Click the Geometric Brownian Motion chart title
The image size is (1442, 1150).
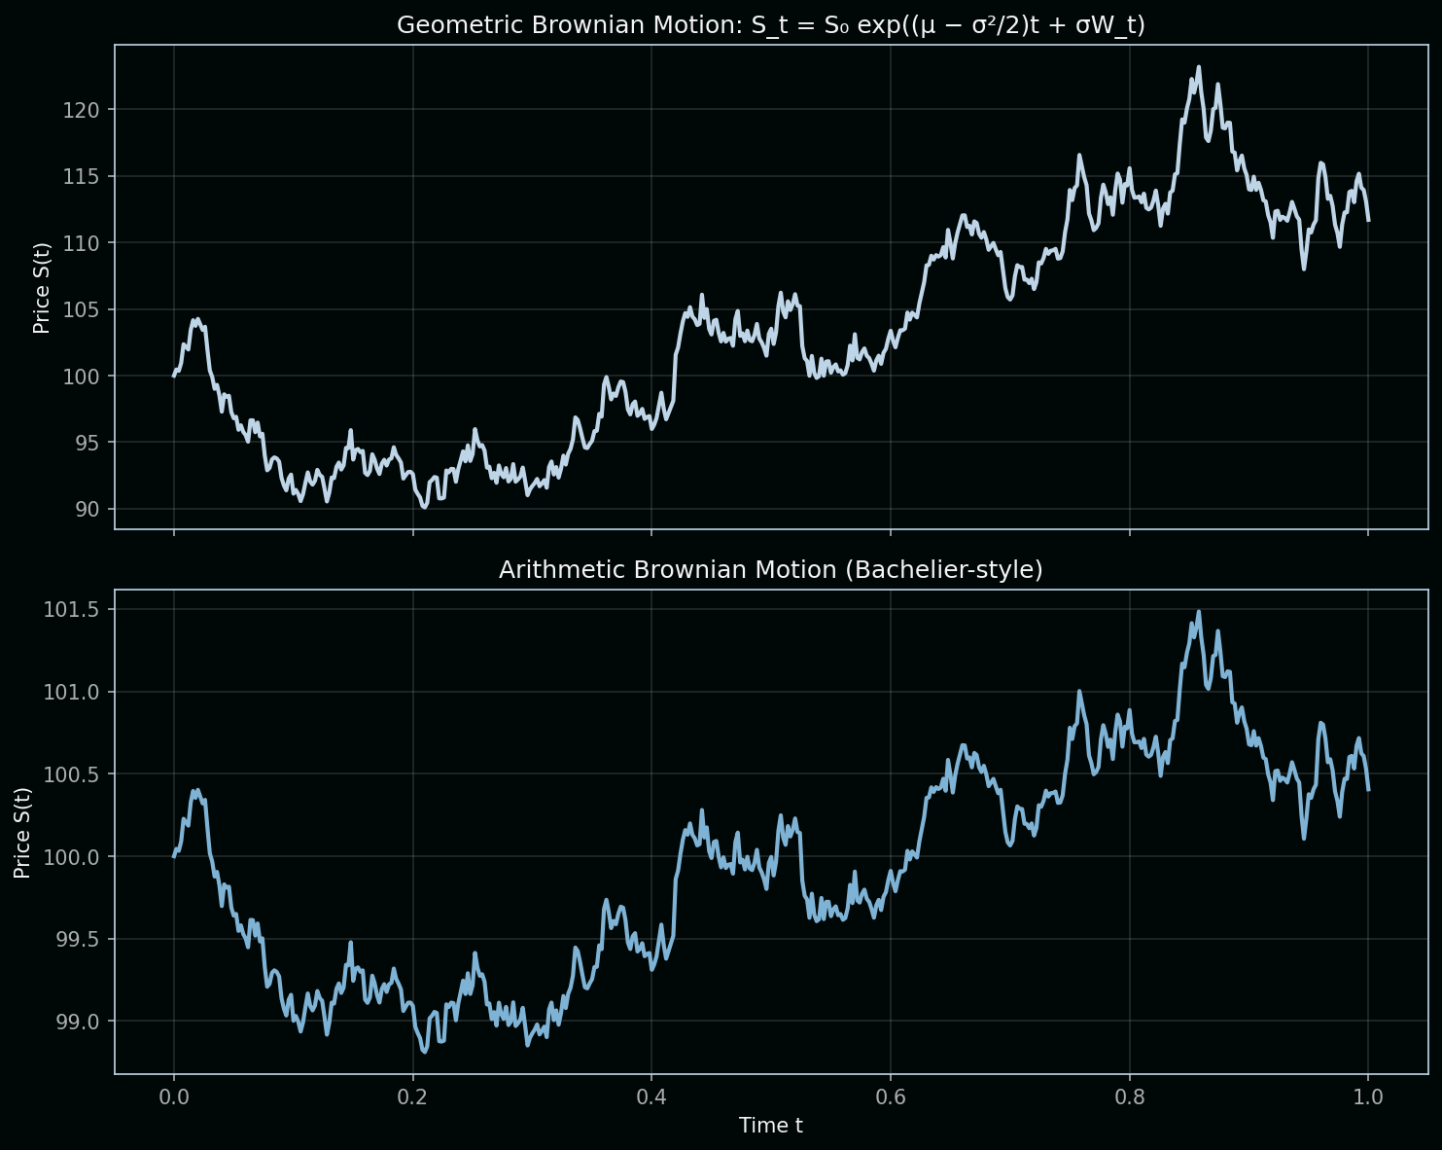click(x=770, y=25)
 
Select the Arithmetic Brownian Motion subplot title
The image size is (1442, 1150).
click(x=770, y=569)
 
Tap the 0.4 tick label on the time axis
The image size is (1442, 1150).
click(x=651, y=1098)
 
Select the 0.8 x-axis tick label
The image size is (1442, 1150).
click(x=1129, y=1098)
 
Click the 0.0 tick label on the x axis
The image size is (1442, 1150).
click(x=174, y=1098)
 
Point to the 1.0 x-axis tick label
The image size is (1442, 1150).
click(x=1368, y=1098)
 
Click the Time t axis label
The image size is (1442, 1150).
click(x=770, y=1126)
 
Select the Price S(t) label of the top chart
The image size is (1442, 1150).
click(x=41, y=288)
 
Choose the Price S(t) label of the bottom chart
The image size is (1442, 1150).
click(x=22, y=832)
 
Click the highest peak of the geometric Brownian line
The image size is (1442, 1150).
click(x=1198, y=67)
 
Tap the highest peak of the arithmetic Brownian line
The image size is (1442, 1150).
click(x=1198, y=612)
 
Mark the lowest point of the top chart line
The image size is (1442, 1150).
click(x=424, y=507)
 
